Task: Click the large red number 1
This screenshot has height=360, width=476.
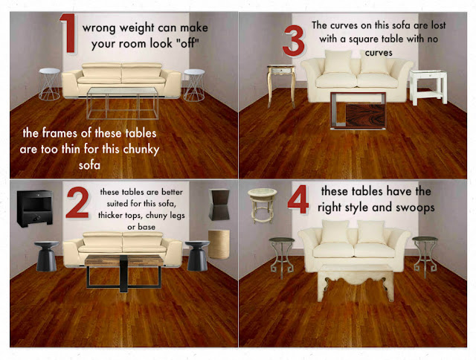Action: pos(68,35)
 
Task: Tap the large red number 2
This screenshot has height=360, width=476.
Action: pos(77,204)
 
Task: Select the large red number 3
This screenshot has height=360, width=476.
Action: pos(293,42)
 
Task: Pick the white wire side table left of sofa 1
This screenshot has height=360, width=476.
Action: pos(49,83)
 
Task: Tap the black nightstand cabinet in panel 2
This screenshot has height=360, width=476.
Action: pos(34,208)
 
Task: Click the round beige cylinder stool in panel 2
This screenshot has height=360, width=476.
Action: pos(219,243)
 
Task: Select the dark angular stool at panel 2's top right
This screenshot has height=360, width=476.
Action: pos(219,204)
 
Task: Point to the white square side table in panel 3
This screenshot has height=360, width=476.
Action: pos(428,86)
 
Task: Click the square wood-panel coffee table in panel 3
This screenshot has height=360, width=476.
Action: pos(358,112)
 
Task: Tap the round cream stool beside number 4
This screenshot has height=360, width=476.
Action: pos(261,205)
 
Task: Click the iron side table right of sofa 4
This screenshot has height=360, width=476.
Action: pos(426,254)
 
